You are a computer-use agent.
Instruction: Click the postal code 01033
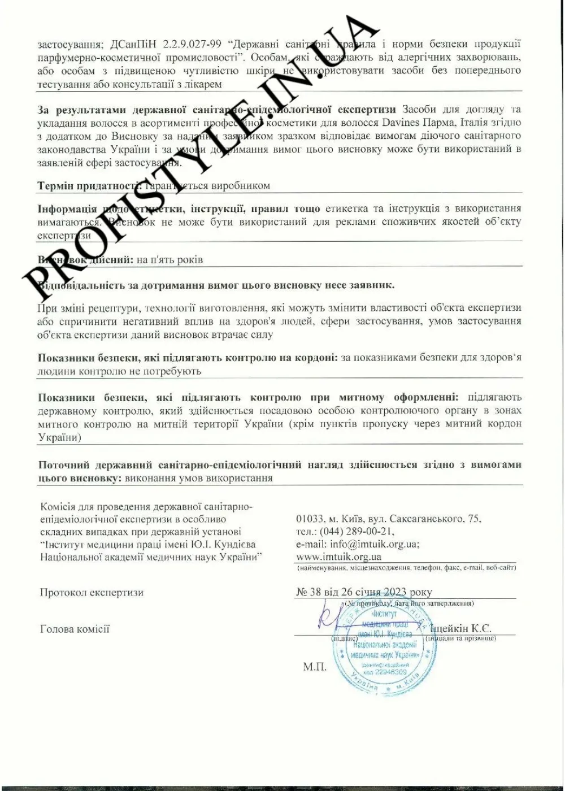pyautogui.click(x=310, y=519)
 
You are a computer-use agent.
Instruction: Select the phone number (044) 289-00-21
pyautogui.click(x=358, y=531)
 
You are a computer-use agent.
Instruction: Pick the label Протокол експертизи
pyautogui.click(x=92, y=593)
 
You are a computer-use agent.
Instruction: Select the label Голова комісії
pyautogui.click(x=75, y=629)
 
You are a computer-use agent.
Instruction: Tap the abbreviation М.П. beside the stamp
pyautogui.click(x=315, y=667)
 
